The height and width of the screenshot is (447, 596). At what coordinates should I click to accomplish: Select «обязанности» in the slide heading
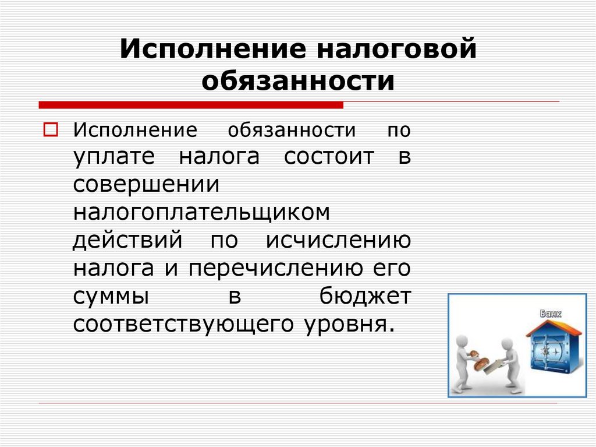pos(298,81)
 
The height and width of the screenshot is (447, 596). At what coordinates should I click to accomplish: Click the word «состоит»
pos(329,157)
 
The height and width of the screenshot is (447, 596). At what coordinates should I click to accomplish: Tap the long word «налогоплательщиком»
pos(201,213)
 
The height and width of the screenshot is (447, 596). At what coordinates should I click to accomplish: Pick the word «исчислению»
pos(339,240)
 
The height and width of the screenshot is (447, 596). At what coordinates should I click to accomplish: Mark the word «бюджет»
pos(365,295)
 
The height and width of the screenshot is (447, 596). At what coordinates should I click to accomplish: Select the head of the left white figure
pos(463,340)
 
